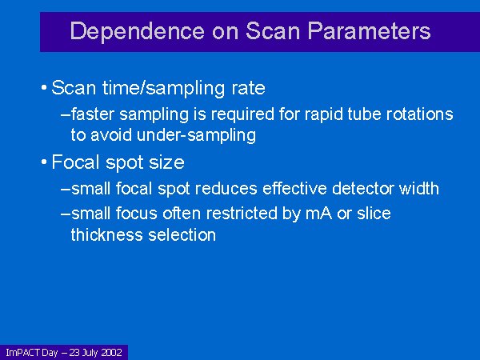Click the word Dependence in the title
137,31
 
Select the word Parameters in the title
369,31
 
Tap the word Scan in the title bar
273,31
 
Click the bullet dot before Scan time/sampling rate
44,88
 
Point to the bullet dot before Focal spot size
44,162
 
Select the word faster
93,114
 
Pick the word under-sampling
196,135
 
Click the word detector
362,189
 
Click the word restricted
242,214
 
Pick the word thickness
107,235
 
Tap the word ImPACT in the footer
23,353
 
